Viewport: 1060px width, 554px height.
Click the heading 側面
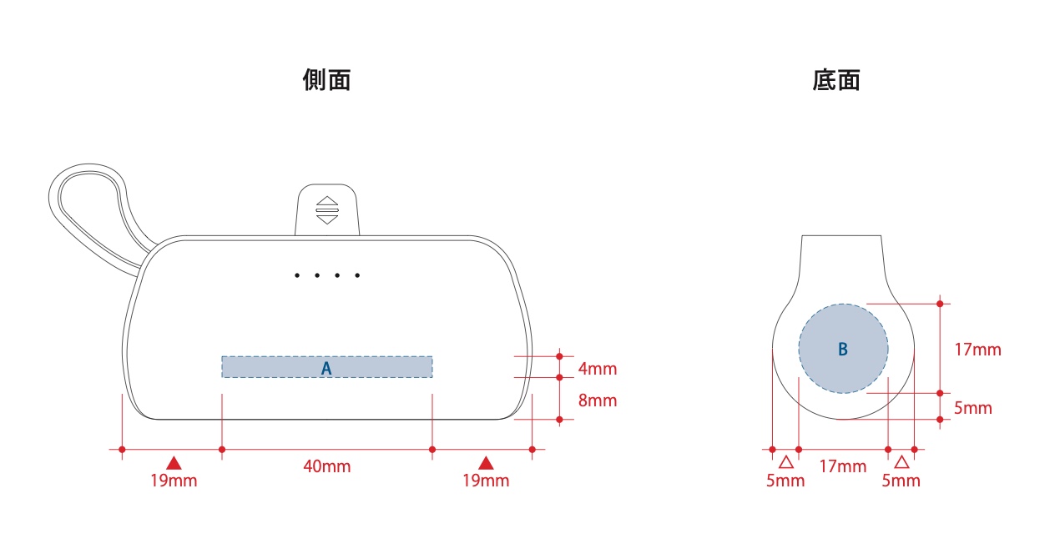(x=326, y=80)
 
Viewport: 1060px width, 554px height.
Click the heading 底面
(x=835, y=80)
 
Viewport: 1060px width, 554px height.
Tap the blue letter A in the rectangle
(x=326, y=368)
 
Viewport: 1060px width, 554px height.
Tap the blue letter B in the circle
(x=843, y=349)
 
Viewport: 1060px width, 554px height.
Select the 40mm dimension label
(x=326, y=466)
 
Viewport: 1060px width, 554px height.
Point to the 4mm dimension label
(x=598, y=369)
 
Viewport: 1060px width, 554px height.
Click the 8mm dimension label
(x=598, y=400)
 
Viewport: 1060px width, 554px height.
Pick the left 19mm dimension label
(x=174, y=481)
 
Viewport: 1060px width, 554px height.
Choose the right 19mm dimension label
(x=486, y=481)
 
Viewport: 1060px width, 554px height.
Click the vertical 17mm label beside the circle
(x=978, y=350)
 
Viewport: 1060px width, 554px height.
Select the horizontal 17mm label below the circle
(x=843, y=466)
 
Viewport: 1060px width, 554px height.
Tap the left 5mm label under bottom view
(x=785, y=481)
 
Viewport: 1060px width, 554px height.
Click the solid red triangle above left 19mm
(x=174, y=462)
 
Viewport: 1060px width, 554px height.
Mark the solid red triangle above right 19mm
(x=486, y=462)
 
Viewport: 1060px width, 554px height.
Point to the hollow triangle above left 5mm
(x=785, y=462)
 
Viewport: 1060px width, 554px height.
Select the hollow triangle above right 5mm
(x=901, y=462)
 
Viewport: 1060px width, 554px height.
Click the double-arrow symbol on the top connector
(x=326, y=210)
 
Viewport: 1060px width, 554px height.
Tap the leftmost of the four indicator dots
(x=297, y=275)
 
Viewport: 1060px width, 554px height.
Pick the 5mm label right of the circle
(x=973, y=408)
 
